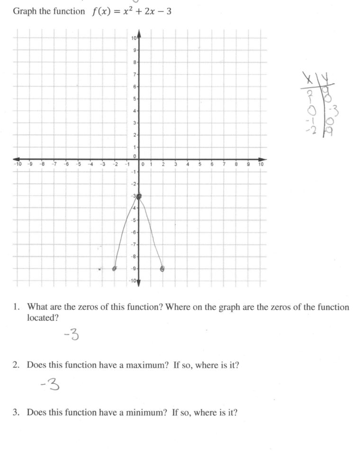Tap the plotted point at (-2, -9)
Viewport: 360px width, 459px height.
click(115, 268)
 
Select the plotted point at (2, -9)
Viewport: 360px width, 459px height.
click(162, 269)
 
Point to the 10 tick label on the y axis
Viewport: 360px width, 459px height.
click(135, 38)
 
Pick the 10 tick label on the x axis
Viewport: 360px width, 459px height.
click(261, 165)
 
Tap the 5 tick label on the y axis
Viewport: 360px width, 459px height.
click(135, 99)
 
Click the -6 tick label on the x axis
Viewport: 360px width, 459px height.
click(66, 165)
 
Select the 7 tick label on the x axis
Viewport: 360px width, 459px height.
click(224, 165)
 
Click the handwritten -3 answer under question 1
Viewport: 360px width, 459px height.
click(71, 335)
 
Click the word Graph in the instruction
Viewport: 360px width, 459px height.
click(23, 11)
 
